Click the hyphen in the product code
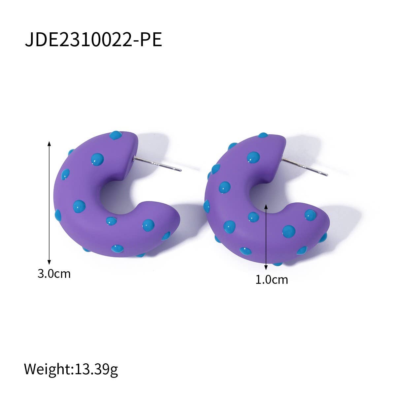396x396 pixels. point(136,41)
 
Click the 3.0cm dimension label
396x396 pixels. point(54,274)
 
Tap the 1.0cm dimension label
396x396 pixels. point(272,280)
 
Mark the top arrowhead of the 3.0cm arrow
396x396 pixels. point(49,143)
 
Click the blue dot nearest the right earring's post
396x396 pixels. point(253,157)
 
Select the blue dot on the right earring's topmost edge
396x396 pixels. point(263,135)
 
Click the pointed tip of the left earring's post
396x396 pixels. point(181,170)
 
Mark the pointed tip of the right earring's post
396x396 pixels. point(327,175)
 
